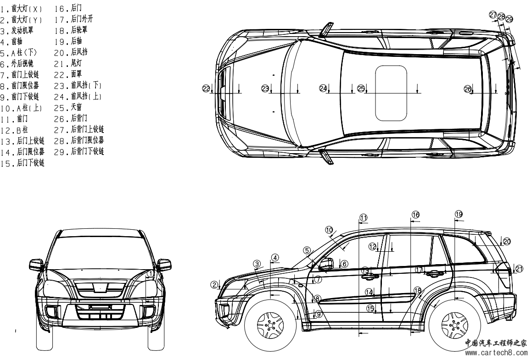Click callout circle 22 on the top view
(206, 88)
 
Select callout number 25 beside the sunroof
(361, 88)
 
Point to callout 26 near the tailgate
(467, 88)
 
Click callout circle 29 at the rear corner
(509, 19)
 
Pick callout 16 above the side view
(415, 215)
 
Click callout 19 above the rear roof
(459, 214)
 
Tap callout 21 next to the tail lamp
(519, 269)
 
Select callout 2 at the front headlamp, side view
(214, 285)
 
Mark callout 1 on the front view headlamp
(150, 274)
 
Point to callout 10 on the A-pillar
(329, 229)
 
